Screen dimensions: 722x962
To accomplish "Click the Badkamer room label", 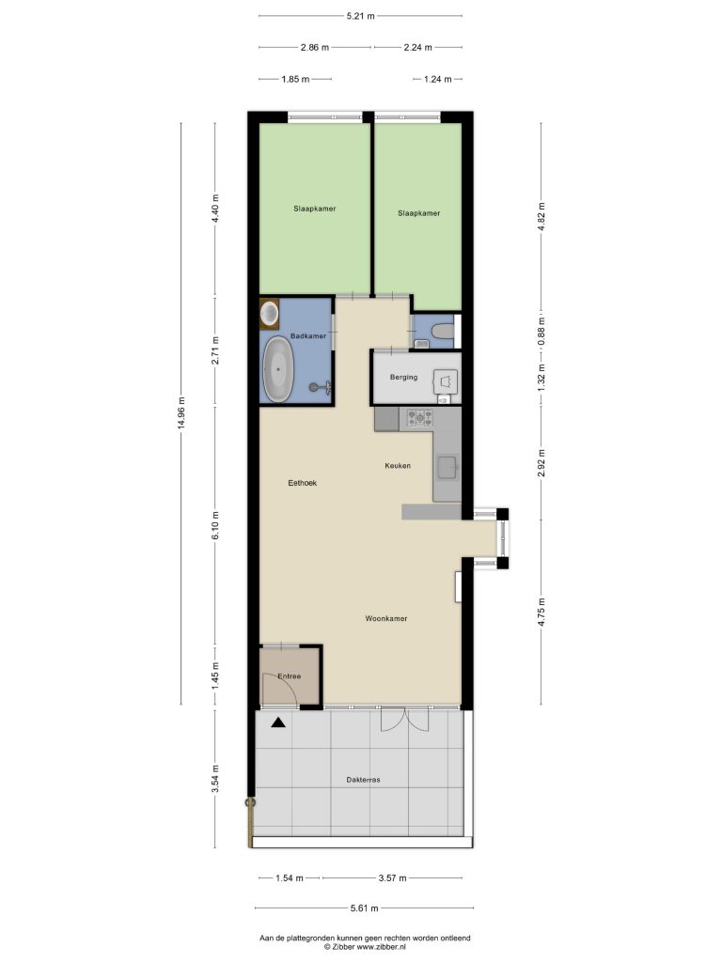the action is tap(308, 336).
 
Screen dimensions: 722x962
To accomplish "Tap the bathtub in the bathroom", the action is tap(278, 370).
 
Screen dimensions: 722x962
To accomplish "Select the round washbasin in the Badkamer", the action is tap(270, 313).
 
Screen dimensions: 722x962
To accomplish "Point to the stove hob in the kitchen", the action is tap(416, 418).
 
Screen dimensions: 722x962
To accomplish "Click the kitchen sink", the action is tap(447, 468).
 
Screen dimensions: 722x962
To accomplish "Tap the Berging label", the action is tap(404, 378).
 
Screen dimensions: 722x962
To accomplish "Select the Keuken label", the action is tap(398, 466).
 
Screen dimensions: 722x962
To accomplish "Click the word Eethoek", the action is tap(303, 483).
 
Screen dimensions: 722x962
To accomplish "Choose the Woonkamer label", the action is tap(386, 618).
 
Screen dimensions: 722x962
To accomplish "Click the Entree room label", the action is tap(290, 676).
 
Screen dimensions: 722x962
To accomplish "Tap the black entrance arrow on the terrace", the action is tap(278, 722).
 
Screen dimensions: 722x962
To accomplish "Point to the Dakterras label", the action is tap(364, 780).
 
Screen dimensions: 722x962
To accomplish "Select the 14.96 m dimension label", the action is tap(181, 414).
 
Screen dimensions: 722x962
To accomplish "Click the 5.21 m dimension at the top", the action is tap(360, 16).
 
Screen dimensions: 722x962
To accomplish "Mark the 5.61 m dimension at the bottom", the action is tap(364, 908).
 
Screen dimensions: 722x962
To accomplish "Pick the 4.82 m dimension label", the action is tap(541, 215).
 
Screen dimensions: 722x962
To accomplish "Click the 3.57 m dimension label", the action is tap(392, 878).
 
